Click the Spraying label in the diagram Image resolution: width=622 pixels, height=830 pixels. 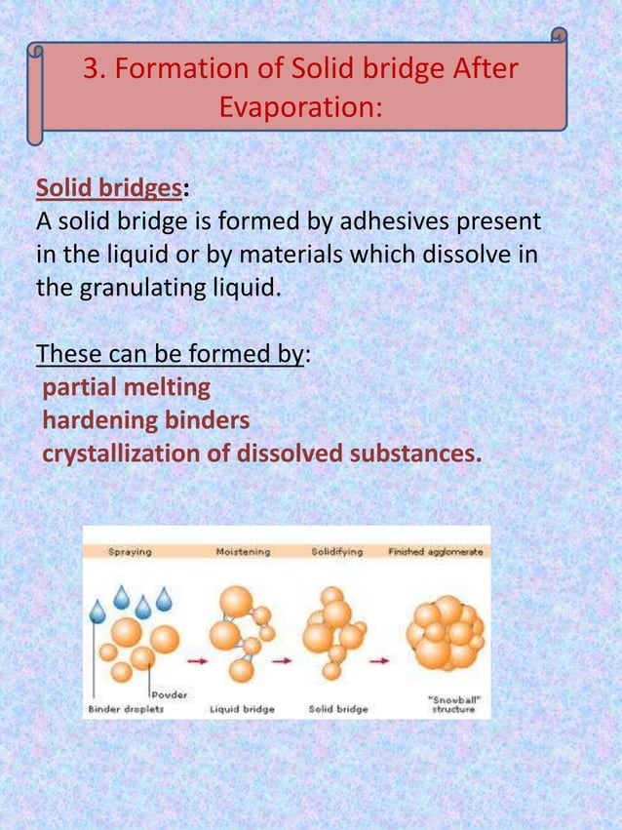(x=129, y=552)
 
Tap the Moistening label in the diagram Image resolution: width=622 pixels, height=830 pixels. (x=243, y=552)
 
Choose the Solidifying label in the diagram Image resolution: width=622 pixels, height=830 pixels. (x=336, y=552)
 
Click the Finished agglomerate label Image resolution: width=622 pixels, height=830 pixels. (x=436, y=552)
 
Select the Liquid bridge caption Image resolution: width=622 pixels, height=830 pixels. (x=243, y=709)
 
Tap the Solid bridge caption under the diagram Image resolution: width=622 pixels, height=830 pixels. (x=338, y=709)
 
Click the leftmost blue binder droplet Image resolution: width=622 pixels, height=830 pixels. (x=97, y=612)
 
